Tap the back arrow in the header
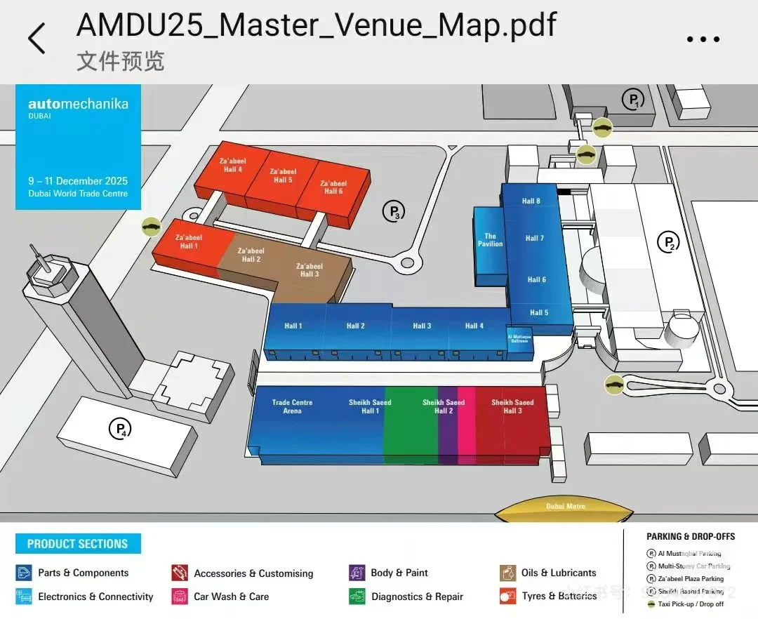point(36,38)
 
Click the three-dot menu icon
point(703,39)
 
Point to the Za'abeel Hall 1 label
point(188,242)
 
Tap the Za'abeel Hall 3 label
point(309,270)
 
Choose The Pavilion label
point(490,240)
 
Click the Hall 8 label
point(531,201)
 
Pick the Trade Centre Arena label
point(292,406)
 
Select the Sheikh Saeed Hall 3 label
point(512,406)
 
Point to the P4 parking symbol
point(120,427)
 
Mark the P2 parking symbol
point(668,243)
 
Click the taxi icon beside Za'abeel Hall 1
point(151,226)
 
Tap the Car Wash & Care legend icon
point(180,597)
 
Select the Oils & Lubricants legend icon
point(508,573)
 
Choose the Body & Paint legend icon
point(357,573)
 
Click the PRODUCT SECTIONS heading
point(78,544)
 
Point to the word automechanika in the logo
point(78,104)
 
